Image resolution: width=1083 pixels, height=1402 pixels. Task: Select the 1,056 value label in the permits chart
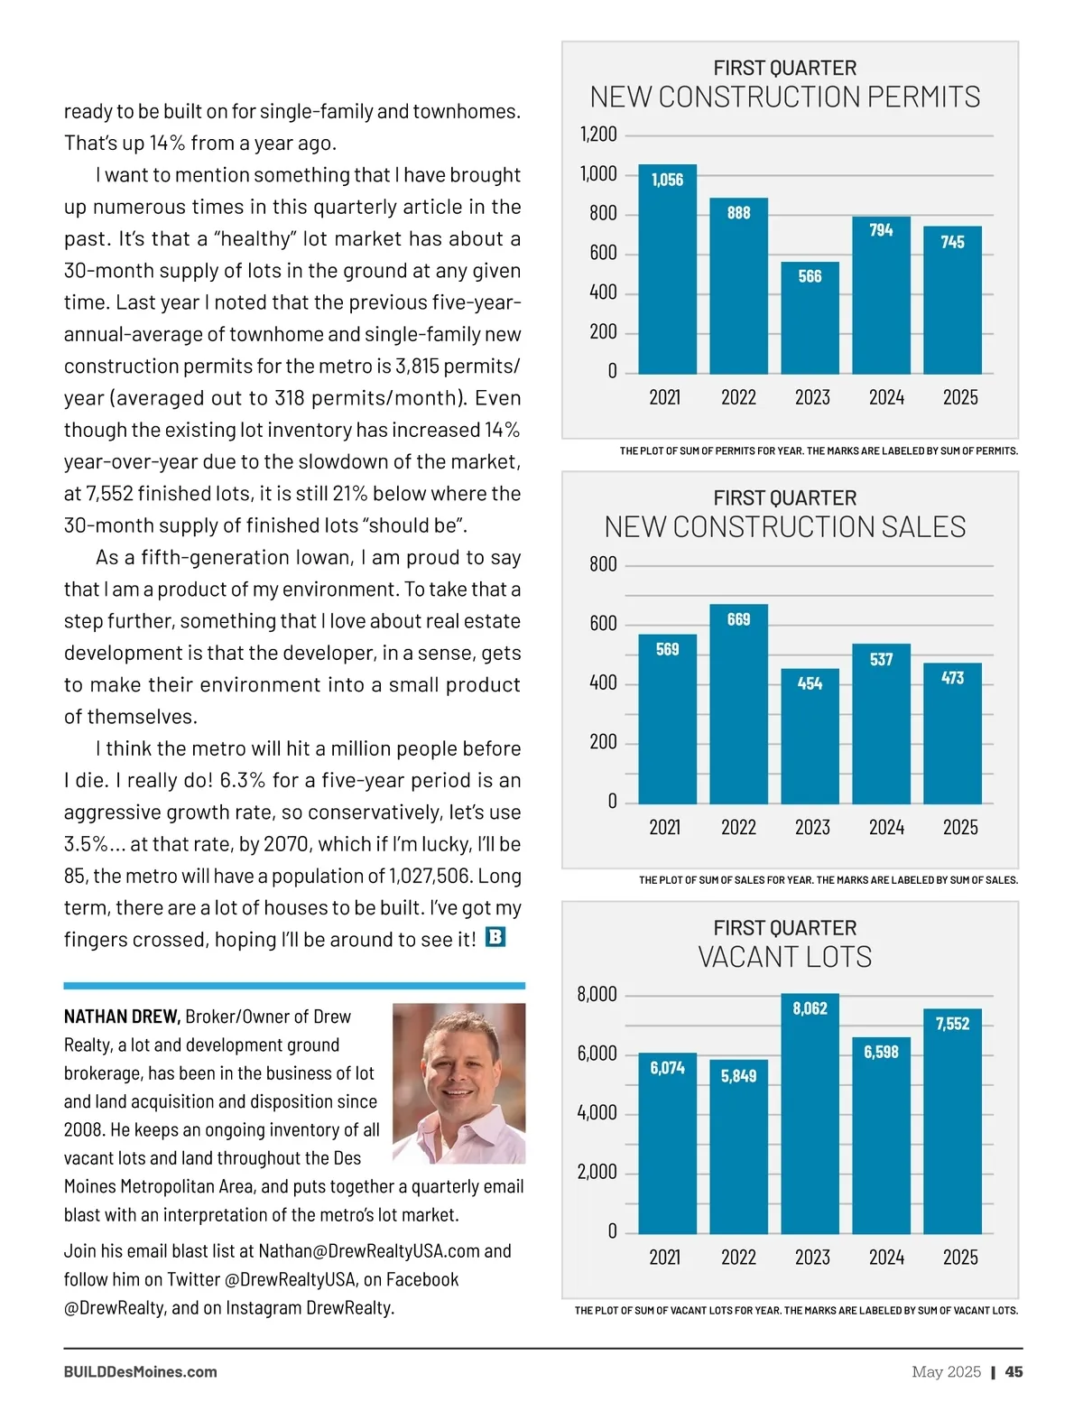[667, 180]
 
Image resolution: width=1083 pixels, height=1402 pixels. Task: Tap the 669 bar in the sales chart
[738, 704]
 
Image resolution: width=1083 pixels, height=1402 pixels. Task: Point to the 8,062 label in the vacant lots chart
[810, 1008]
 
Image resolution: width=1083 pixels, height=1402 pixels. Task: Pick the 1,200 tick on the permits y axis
[597, 135]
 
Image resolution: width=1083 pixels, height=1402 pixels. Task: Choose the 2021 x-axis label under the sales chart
[665, 827]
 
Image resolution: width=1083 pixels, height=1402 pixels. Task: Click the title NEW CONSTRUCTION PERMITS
[784, 97]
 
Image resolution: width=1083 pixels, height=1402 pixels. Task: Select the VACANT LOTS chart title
[784, 957]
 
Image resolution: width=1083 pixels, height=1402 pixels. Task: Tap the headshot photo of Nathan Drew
[458, 1082]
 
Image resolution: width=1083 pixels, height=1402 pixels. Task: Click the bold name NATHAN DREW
[122, 1017]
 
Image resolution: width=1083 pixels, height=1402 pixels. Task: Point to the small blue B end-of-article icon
[495, 937]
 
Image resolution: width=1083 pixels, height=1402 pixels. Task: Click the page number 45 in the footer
[1014, 1371]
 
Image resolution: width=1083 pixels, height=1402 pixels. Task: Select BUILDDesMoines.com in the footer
[140, 1371]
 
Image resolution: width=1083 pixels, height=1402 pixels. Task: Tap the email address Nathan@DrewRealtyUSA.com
[369, 1251]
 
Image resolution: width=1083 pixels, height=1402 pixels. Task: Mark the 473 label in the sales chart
[952, 678]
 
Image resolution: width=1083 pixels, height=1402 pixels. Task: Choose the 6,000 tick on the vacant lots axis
[597, 1054]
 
